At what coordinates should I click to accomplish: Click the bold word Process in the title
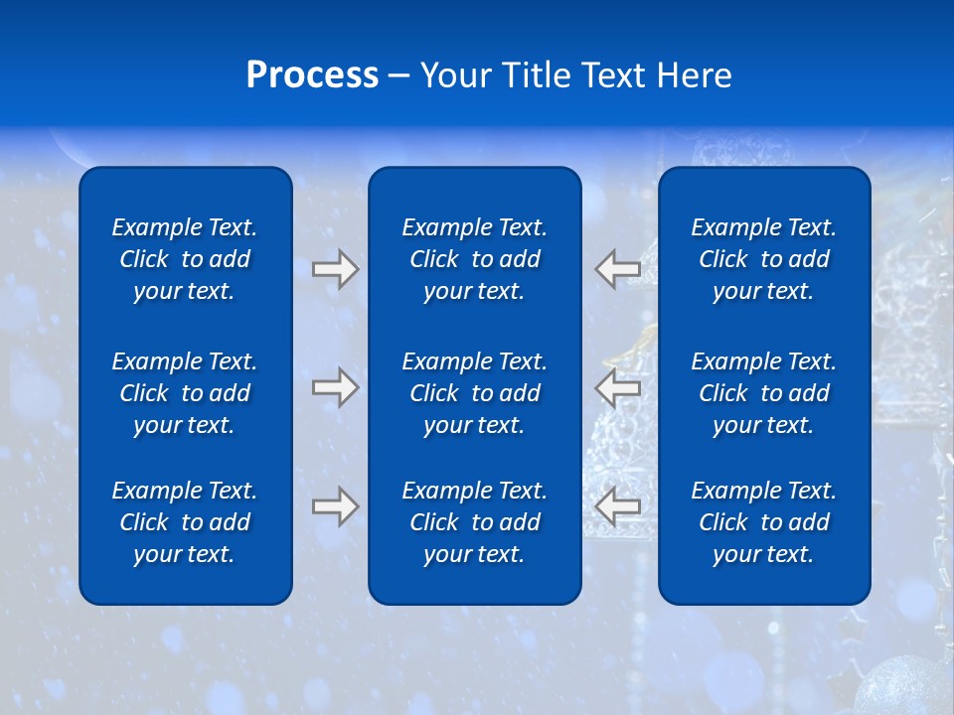point(312,75)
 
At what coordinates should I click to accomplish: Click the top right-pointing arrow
point(335,269)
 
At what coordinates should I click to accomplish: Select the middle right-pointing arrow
point(335,387)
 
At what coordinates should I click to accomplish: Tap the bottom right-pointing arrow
point(335,506)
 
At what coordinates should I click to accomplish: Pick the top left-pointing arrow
point(618,269)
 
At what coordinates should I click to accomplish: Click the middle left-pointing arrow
point(618,387)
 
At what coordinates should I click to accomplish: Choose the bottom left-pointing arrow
point(618,506)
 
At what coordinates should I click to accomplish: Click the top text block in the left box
point(185,259)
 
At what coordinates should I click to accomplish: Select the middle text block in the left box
point(185,393)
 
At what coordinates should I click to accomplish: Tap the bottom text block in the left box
point(185,522)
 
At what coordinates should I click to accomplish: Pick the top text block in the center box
point(474,259)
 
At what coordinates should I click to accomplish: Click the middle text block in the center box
point(474,393)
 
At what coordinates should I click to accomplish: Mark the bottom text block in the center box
point(474,522)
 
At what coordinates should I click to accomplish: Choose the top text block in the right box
point(764,259)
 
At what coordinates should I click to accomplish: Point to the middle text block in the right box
point(764,393)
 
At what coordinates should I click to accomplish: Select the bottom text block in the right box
point(764,522)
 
